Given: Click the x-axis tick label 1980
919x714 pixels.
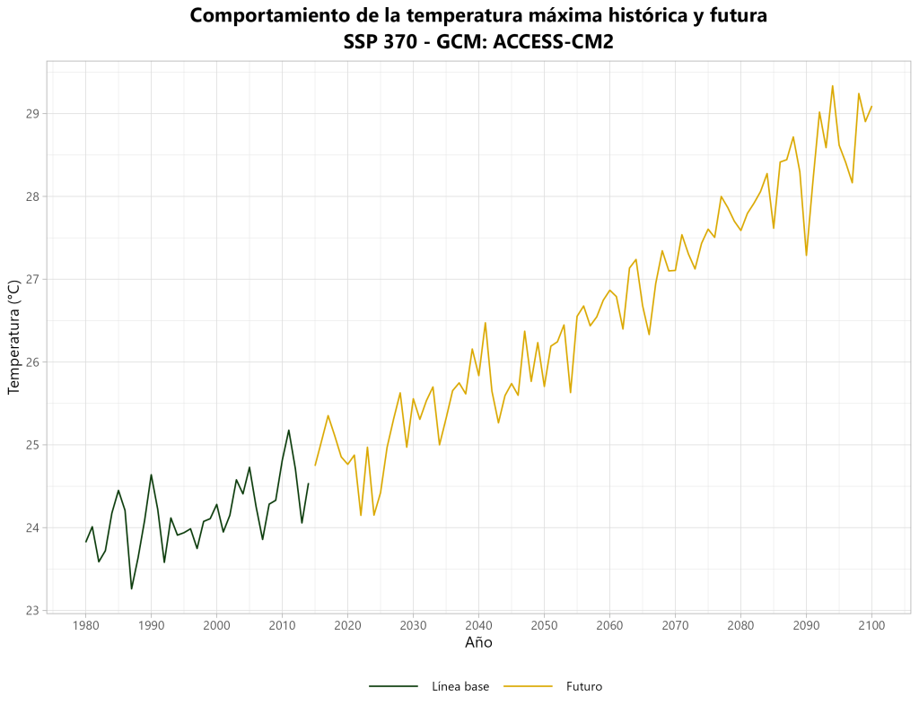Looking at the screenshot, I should coord(85,625).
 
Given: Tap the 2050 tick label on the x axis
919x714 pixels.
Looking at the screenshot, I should coord(544,625).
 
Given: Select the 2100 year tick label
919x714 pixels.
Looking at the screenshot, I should coord(871,625).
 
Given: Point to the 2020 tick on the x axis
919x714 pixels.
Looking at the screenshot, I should coord(347,625).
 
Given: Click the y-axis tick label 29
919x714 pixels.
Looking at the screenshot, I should coord(32,114).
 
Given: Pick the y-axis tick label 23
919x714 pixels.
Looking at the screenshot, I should coord(32,611).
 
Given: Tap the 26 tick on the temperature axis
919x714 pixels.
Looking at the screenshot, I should coord(32,362).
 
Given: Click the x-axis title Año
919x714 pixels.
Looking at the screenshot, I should coord(478,643).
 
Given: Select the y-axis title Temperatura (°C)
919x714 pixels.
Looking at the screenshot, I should coord(13,337).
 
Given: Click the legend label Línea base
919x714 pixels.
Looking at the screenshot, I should coord(460,687).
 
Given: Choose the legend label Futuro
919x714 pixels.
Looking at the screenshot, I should coord(584,687).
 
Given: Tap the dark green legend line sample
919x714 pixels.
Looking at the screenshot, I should coord(394,687).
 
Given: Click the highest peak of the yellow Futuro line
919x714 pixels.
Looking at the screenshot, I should coord(833,86).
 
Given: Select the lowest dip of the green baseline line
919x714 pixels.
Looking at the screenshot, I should coord(132,589).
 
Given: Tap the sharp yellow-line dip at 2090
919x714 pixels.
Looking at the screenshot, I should coord(806,256).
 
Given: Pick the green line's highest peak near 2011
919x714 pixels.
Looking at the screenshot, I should coord(289,430).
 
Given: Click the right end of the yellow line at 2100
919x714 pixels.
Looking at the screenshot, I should coord(871,106).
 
